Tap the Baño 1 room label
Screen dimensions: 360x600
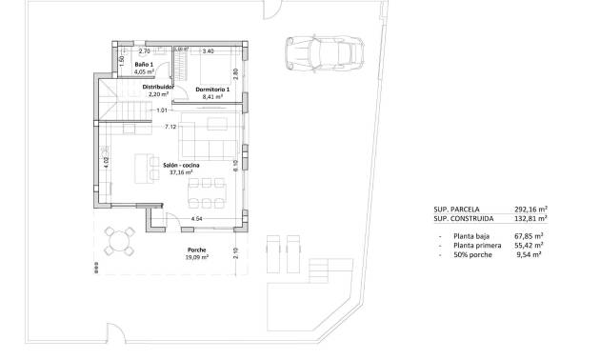(x=143, y=63)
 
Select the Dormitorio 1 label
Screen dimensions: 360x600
(x=213, y=88)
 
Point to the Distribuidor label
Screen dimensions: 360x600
(x=158, y=87)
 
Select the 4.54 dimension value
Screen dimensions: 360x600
(x=196, y=220)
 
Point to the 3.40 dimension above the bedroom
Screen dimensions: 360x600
(x=208, y=50)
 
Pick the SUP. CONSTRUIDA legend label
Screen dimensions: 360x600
(x=464, y=219)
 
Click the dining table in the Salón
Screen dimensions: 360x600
(x=201, y=193)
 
